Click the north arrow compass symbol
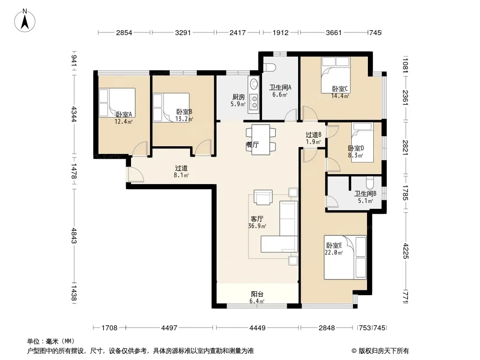[25, 20]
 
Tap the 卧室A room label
[124, 114]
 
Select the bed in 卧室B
[171, 108]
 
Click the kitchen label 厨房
[239, 97]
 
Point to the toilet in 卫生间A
[269, 67]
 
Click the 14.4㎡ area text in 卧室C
[340, 96]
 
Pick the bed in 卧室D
[362, 142]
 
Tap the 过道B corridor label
[313, 135]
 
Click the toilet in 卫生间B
[370, 182]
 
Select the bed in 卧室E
[345, 257]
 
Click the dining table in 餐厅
[261, 139]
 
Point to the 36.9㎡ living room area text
[257, 226]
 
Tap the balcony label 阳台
[257, 294]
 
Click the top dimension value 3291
[183, 32]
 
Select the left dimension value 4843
[73, 235]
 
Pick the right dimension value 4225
[406, 251]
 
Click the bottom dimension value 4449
[258, 328]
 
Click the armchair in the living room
[263, 197]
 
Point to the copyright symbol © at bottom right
[354, 351]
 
